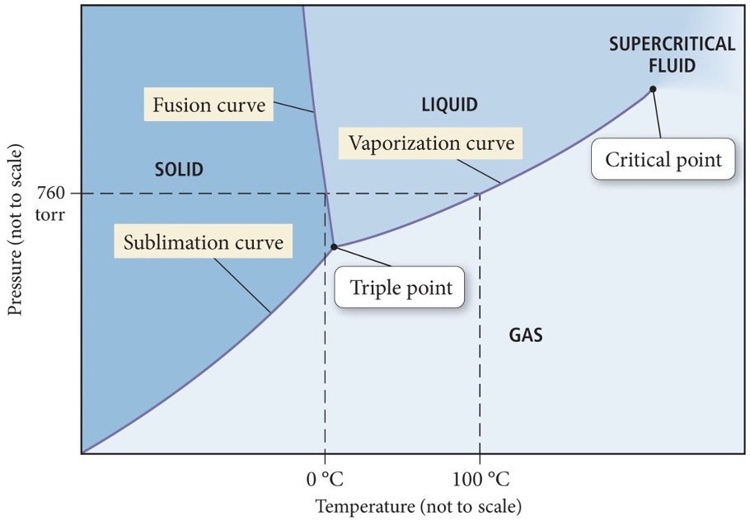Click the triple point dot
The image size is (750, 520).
click(334, 246)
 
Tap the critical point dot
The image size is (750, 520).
click(652, 89)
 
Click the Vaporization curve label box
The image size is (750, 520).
click(431, 143)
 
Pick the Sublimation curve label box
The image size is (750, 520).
click(203, 243)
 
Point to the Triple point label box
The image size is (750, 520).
click(401, 288)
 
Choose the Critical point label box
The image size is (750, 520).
click(663, 160)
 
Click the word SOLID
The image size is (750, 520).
click(178, 170)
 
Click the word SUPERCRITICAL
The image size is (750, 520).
click(672, 45)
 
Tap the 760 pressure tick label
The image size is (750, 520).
click(54, 194)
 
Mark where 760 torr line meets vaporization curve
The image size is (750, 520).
click(480, 194)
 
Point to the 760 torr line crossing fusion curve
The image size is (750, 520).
click(326, 194)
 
